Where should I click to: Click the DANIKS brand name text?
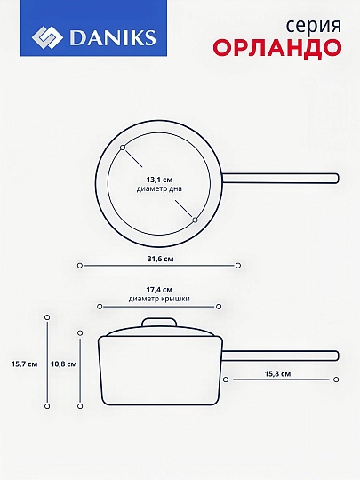(113, 37)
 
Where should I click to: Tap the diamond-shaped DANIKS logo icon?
(47, 37)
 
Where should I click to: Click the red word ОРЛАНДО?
(277, 48)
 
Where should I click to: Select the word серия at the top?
(314, 27)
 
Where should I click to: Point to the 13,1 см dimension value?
(159, 180)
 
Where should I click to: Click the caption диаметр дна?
(159, 188)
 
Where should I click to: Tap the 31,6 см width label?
(160, 259)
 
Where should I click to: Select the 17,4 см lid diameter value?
(159, 290)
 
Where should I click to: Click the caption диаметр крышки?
(159, 299)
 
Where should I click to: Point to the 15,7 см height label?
(25, 364)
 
